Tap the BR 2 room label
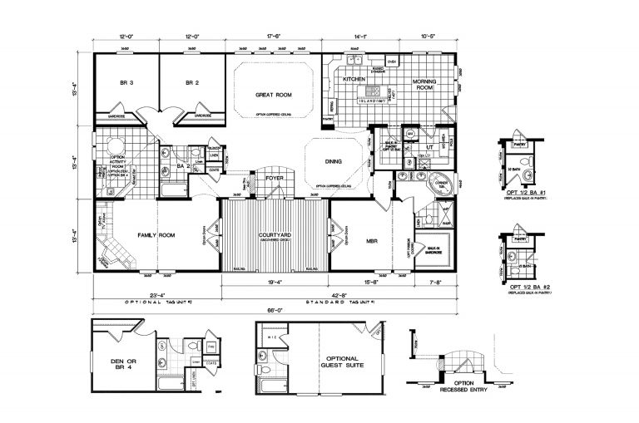pyautogui.click(x=193, y=83)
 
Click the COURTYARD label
pyautogui.click(x=275, y=235)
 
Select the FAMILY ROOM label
pyautogui.click(x=155, y=236)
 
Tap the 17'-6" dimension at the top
pyautogui.click(x=275, y=36)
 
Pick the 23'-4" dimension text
pyautogui.click(x=156, y=293)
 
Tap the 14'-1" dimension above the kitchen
pyautogui.click(x=360, y=36)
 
